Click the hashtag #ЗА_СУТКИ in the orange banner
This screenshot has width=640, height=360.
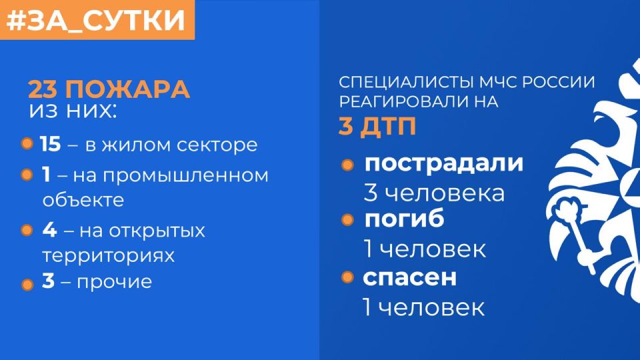pos(96,20)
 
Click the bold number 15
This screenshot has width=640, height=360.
pos(49,145)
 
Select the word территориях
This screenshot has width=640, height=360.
pos(108,255)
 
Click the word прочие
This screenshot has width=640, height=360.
pos(115,282)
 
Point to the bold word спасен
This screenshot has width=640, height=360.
pos(410,277)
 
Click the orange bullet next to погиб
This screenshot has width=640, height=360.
pos(347,219)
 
